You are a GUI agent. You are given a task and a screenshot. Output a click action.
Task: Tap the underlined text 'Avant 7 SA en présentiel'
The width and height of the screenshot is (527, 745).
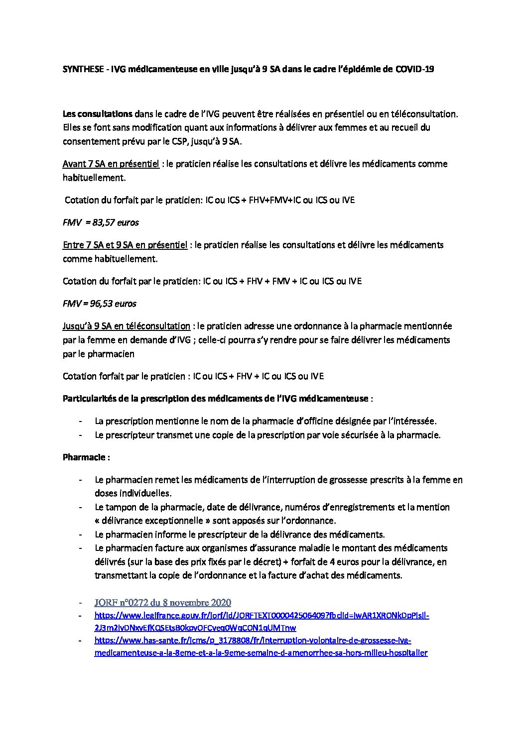(x=111, y=164)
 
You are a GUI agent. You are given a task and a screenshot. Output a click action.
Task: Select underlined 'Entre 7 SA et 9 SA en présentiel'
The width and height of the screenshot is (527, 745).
(x=125, y=245)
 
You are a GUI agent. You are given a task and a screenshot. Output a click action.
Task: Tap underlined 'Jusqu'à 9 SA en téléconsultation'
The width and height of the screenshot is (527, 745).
(x=127, y=326)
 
